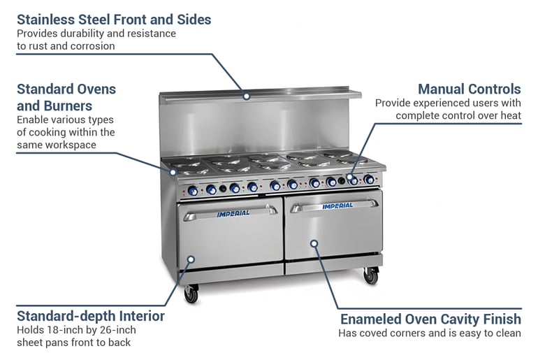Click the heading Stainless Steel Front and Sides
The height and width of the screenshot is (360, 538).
[x=114, y=19]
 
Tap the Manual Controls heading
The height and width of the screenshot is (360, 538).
[x=469, y=89]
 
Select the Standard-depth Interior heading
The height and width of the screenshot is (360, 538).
[x=91, y=316]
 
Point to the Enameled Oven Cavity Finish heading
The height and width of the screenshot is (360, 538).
[x=430, y=319]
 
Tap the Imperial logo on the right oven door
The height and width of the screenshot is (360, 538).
[x=338, y=206]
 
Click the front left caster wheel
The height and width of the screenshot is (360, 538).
[x=191, y=296]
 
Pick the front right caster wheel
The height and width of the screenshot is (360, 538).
[x=371, y=277]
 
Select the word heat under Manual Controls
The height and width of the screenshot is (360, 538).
[x=509, y=115]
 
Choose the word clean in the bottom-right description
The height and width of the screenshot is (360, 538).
[x=507, y=333]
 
